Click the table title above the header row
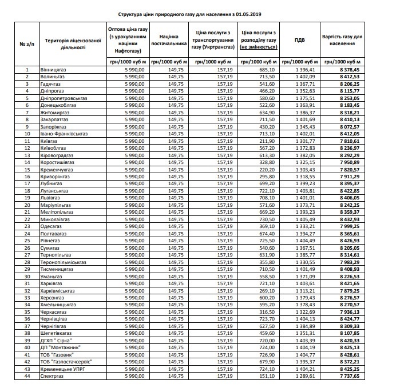pyautogui.click(x=200, y=12)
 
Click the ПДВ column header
pyautogui.click(x=299, y=40)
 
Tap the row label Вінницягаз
pyautogui.click(x=54, y=69)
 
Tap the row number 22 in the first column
pyautogui.click(x=26, y=219)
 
